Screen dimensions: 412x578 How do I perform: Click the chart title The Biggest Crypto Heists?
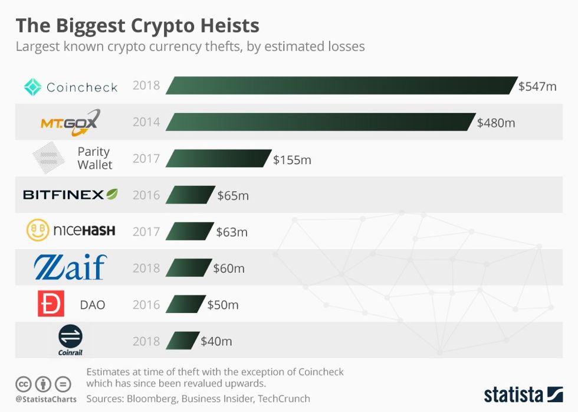[137, 25]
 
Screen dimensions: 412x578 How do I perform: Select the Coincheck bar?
[341, 86]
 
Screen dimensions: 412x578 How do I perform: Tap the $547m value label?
[537, 86]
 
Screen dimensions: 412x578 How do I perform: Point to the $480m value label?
[496, 123]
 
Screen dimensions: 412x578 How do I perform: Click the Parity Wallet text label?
[94, 158]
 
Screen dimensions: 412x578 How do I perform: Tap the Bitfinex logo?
[70, 194]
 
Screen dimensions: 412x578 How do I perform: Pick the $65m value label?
[233, 195]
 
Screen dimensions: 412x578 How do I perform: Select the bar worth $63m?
[191, 231]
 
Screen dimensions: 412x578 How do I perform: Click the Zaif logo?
[70, 267]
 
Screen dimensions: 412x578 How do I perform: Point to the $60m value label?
[229, 269]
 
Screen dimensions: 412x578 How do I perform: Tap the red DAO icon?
[51, 304]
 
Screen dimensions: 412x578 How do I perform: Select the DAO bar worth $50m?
[186, 305]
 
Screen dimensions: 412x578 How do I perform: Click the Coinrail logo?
[70, 341]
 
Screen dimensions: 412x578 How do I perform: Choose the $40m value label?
[216, 341]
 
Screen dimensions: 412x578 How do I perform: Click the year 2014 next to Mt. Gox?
[146, 122]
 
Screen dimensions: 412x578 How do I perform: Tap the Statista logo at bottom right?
[523, 394]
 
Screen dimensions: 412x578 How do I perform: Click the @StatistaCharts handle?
[45, 400]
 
